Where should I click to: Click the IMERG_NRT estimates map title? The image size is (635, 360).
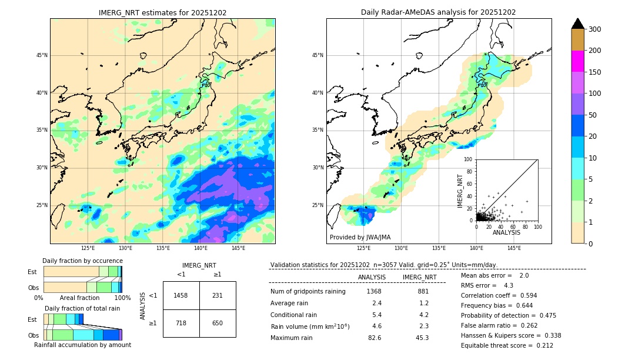[162, 12]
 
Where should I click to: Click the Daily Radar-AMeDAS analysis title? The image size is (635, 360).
[439, 12]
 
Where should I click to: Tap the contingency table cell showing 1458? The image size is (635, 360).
[181, 295]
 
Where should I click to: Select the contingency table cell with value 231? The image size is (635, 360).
[218, 295]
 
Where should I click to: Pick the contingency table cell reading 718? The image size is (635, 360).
[181, 323]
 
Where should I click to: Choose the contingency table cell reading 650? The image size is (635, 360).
[218, 323]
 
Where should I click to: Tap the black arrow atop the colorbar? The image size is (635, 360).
[578, 24]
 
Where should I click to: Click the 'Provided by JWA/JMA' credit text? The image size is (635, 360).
[360, 238]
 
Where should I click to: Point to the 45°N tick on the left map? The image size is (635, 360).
[42, 55]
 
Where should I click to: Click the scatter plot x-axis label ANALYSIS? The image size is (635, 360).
[506, 233]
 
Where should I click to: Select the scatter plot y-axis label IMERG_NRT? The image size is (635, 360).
[461, 190]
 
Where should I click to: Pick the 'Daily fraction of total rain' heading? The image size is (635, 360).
[82, 308]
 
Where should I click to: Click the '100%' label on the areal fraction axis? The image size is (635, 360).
[122, 298]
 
